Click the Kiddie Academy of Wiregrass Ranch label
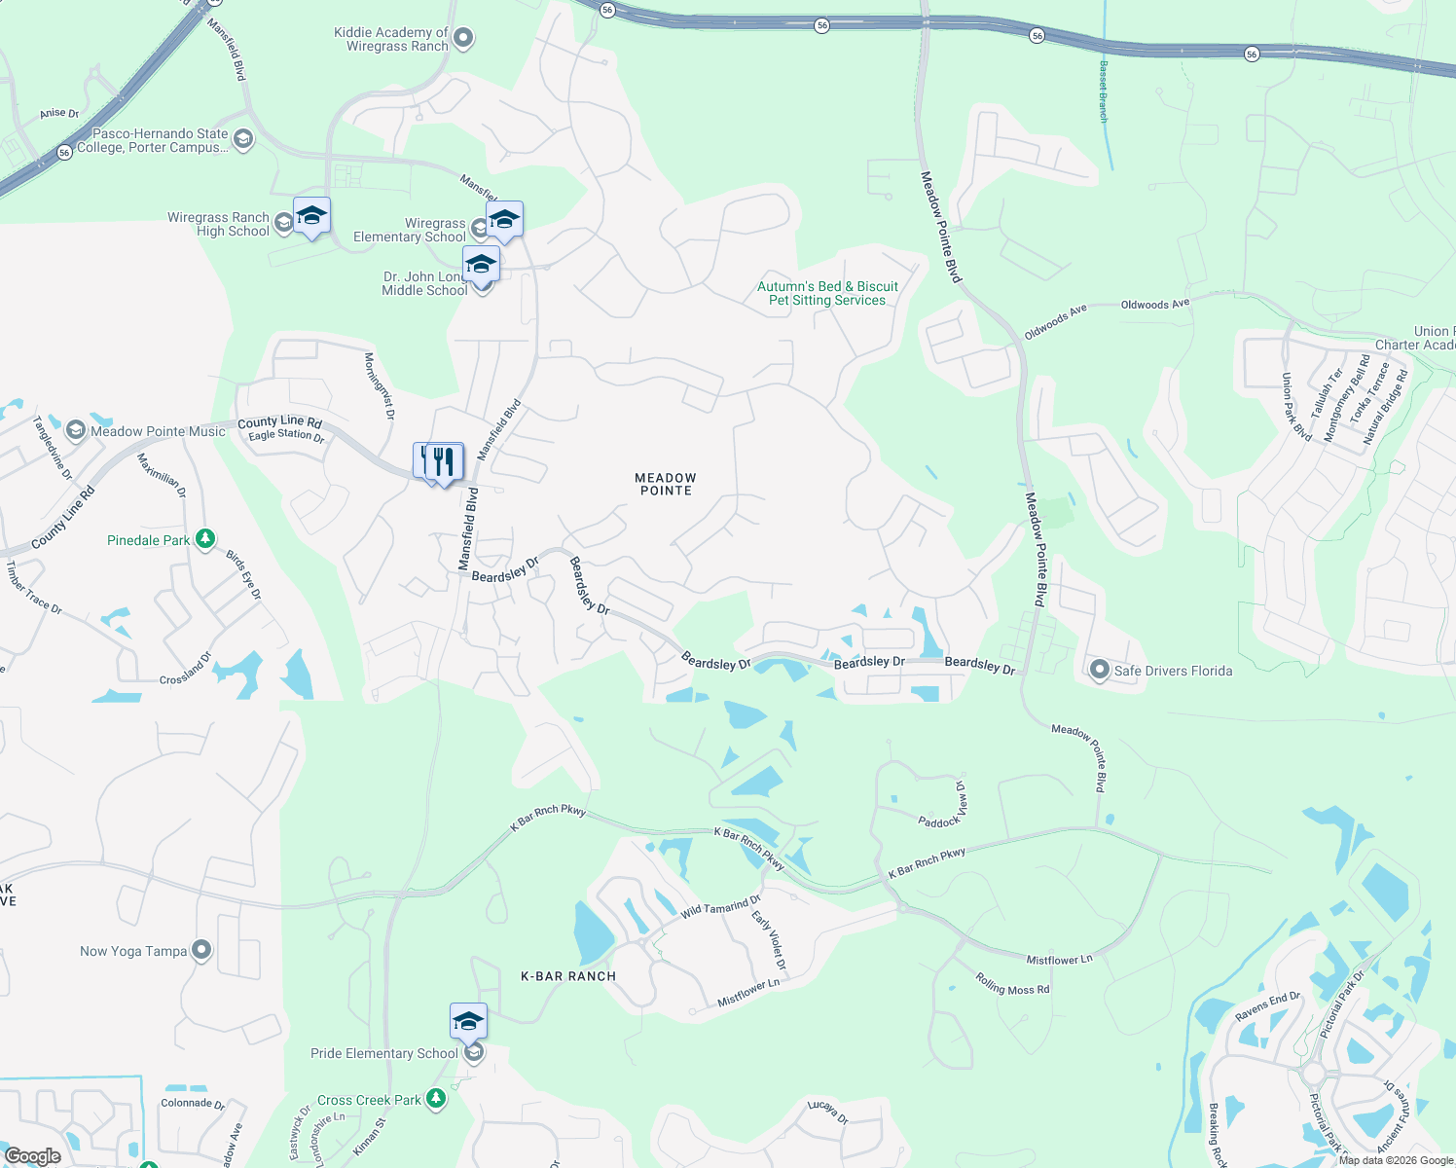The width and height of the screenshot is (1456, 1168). pyautogui.click(x=390, y=39)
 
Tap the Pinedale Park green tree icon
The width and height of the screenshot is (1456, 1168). pyautogui.click(x=204, y=539)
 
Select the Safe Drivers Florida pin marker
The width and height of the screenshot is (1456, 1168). pyautogui.click(x=1099, y=670)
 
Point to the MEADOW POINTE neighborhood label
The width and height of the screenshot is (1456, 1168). pyautogui.click(x=666, y=484)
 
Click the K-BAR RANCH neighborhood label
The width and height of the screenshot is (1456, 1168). pyautogui.click(x=568, y=976)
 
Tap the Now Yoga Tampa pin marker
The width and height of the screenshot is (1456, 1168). pyautogui.click(x=201, y=950)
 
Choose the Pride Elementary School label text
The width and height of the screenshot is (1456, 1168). pyautogui.click(x=383, y=1053)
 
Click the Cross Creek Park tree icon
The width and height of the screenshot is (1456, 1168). pyautogui.click(x=436, y=1099)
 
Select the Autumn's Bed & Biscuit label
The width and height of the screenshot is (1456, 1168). pyautogui.click(x=827, y=293)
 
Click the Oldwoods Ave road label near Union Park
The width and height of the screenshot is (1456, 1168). pyautogui.click(x=1154, y=305)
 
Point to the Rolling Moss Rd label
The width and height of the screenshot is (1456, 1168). pyautogui.click(x=1012, y=984)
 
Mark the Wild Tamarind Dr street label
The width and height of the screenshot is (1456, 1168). pyautogui.click(x=720, y=908)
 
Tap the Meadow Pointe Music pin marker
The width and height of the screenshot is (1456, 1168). pyautogui.click(x=76, y=431)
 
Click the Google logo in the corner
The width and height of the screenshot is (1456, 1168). pyautogui.click(x=32, y=1156)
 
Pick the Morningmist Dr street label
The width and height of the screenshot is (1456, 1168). pyautogui.click(x=379, y=385)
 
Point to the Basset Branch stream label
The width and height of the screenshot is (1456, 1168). pyautogui.click(x=1103, y=91)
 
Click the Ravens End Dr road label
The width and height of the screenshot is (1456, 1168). pyautogui.click(x=1267, y=1006)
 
